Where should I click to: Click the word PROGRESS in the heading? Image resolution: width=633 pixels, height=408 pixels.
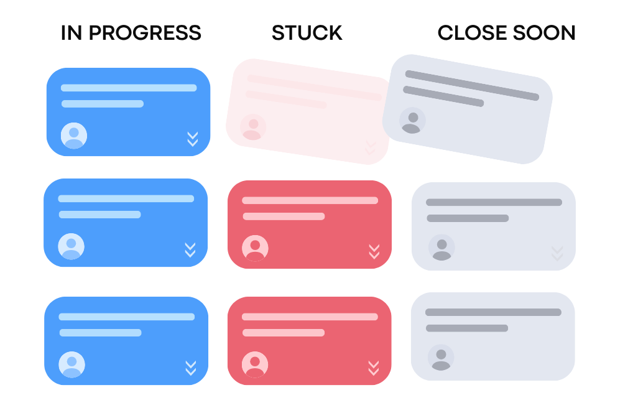point(145,33)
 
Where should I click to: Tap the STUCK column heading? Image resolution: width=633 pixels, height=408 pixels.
point(307,33)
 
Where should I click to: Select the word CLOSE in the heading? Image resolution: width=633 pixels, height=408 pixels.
point(471,33)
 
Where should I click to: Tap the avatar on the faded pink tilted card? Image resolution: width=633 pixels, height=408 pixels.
point(253,127)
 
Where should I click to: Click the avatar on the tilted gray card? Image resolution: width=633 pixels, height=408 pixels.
point(413,121)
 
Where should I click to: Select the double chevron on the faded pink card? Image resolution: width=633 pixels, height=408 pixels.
point(370,147)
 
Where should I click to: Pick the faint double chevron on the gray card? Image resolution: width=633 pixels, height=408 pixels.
point(558,253)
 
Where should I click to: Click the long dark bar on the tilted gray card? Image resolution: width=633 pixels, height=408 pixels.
point(473,85)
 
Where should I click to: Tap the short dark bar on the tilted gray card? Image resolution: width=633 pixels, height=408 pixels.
point(443,96)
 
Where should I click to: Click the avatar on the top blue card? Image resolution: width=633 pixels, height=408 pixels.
point(74,136)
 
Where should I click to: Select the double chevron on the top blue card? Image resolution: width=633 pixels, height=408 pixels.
point(193,139)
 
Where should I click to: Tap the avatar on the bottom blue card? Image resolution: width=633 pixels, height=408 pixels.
point(72,365)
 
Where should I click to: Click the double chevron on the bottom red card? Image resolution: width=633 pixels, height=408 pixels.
point(374,368)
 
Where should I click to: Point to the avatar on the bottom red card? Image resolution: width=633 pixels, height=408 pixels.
point(255,365)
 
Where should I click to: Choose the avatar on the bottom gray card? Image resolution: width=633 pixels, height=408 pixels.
point(441,358)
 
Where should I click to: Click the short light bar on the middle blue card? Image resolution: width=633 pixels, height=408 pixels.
point(99,215)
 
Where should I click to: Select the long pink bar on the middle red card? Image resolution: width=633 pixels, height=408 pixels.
point(310,200)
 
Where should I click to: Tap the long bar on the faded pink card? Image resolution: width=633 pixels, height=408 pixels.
point(315,88)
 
